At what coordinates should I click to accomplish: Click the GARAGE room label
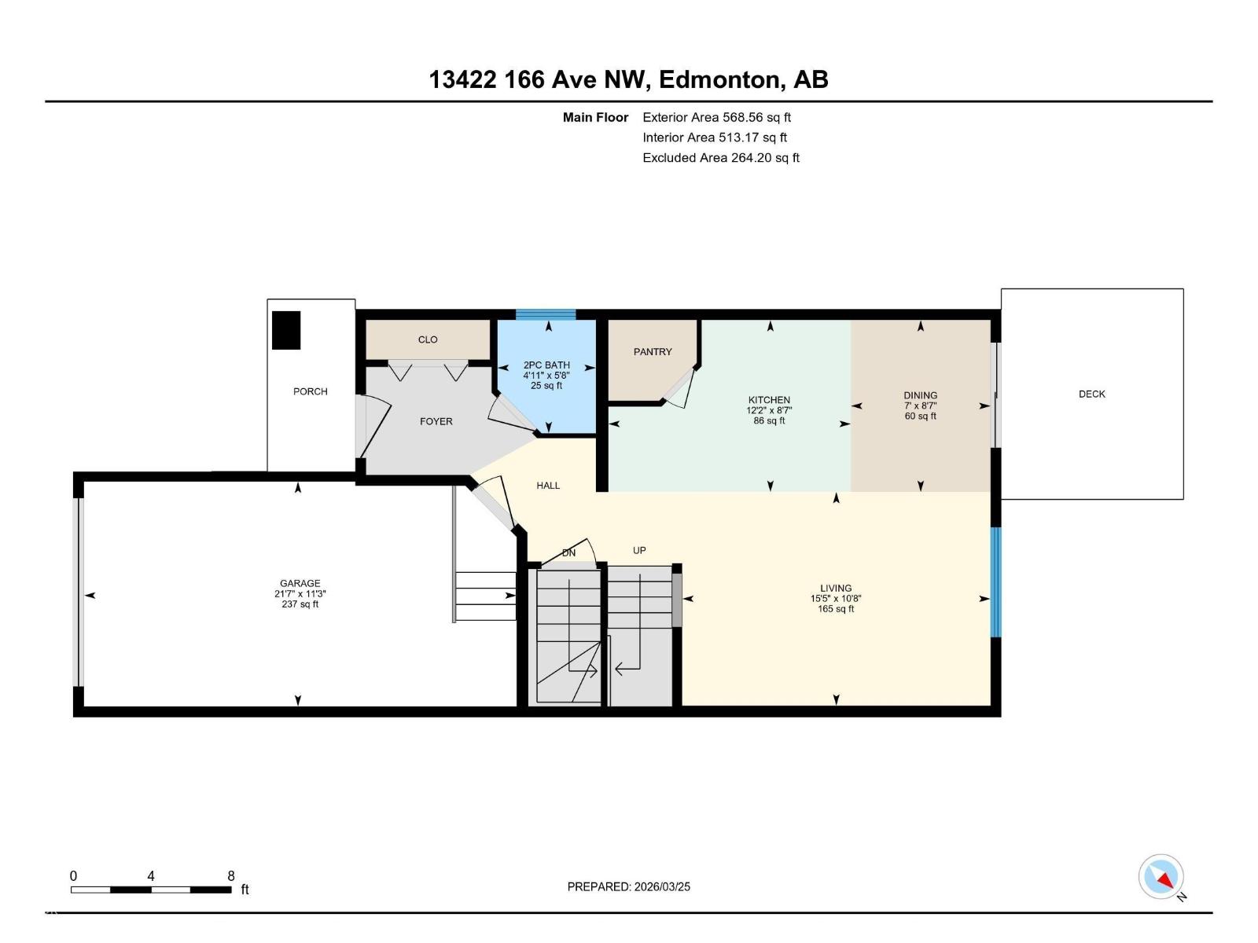[x=300, y=583]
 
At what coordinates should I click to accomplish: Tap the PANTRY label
[x=653, y=351]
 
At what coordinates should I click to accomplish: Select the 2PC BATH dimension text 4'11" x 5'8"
[x=546, y=376]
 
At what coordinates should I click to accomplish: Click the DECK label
[x=1091, y=394]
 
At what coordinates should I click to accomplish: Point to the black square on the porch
[x=286, y=330]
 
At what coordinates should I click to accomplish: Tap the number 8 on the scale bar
[x=231, y=875]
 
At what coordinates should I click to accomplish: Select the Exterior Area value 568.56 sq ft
[x=756, y=117]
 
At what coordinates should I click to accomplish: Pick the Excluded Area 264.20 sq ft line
[x=721, y=157]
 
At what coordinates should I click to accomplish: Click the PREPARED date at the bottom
[x=629, y=886]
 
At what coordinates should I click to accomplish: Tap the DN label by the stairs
[x=568, y=552]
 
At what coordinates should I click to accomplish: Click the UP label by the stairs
[x=639, y=550]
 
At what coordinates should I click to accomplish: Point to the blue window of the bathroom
[x=546, y=314]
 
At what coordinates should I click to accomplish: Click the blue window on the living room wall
[x=995, y=582]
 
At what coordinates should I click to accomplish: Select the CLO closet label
[x=428, y=339]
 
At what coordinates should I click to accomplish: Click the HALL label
[x=548, y=485]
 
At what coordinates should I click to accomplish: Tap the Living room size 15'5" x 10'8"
[x=835, y=598]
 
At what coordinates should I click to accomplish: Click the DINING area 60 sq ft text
[x=920, y=416]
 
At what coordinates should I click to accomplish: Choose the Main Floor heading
[x=595, y=117]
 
